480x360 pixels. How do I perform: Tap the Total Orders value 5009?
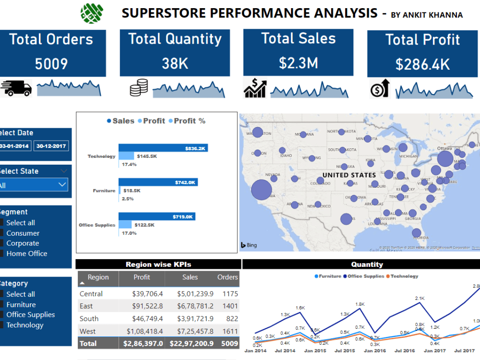point(51,63)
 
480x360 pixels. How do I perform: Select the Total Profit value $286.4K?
point(422,64)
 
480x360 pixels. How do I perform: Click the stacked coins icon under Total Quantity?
point(139,88)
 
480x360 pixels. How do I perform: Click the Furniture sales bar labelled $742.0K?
point(158,182)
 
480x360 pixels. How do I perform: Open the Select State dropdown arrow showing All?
point(62,184)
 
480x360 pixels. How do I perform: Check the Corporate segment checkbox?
point(1,243)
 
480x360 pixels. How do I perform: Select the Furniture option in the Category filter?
point(1,305)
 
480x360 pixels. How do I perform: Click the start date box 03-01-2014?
point(14,146)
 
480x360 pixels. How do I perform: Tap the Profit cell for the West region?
point(144,331)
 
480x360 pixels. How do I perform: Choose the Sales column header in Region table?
point(190,277)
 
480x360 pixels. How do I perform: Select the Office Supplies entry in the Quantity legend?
point(366,276)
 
